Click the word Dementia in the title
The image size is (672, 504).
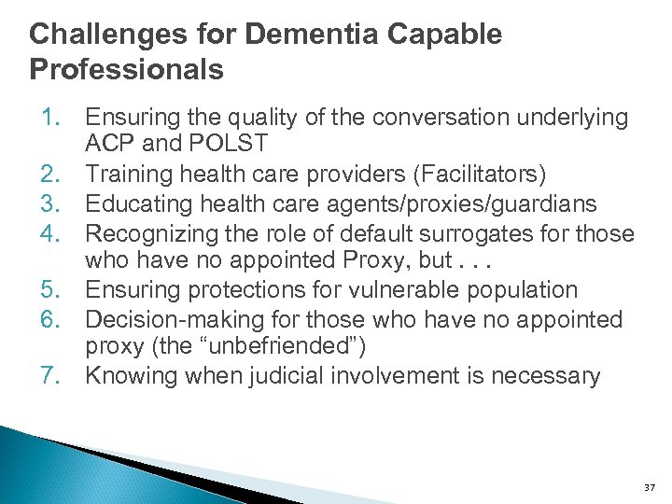[x=326, y=35]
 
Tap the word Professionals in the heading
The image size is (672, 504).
[x=126, y=70]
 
